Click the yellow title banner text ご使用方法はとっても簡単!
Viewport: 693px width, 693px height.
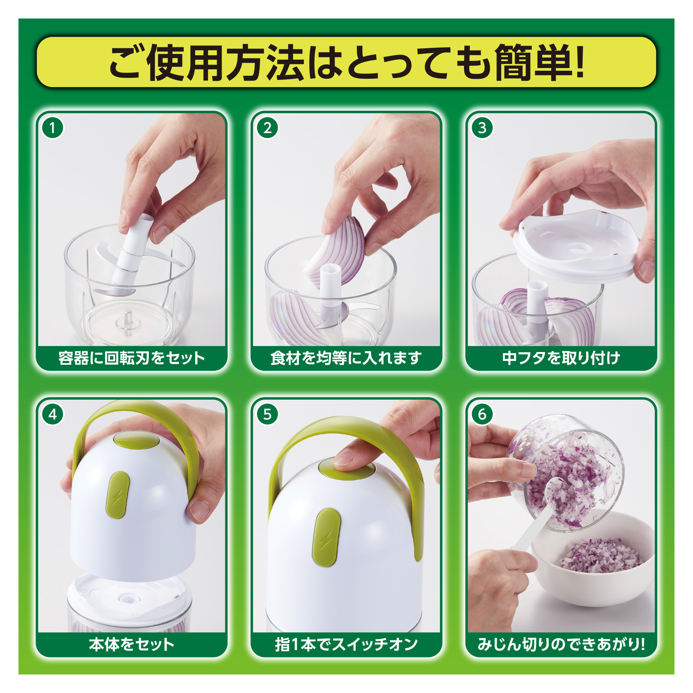[x=347, y=62]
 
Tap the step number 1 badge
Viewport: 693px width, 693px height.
[x=53, y=128]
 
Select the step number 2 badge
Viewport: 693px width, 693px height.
[x=268, y=128]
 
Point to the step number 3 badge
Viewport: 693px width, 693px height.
[x=482, y=128]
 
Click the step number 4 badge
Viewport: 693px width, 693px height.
[x=53, y=414]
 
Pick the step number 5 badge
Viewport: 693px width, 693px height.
[x=268, y=414]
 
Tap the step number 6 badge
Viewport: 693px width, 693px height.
[x=482, y=414]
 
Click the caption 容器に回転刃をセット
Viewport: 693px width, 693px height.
[x=132, y=358]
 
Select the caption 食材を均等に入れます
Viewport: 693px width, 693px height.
[x=346, y=358]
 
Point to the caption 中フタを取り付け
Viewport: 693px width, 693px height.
[x=561, y=358]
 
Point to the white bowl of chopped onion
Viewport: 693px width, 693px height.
[x=592, y=559]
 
